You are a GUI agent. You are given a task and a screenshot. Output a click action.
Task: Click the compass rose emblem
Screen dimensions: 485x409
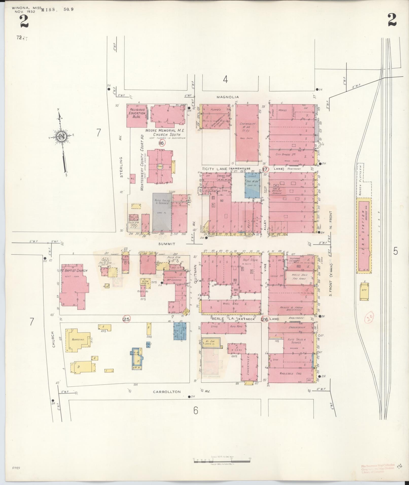click(61, 137)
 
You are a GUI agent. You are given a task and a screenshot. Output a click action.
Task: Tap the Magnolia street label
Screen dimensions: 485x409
click(228, 97)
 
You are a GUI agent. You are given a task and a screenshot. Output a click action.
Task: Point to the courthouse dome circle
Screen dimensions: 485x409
click(160, 167)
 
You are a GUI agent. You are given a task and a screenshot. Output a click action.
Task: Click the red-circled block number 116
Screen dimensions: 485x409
click(162, 143)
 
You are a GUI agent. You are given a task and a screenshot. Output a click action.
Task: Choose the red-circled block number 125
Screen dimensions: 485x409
click(126, 319)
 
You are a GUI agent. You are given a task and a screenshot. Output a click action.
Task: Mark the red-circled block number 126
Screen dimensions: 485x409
click(264, 319)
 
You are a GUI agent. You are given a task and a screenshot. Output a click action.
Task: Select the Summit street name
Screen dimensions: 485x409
click(167, 244)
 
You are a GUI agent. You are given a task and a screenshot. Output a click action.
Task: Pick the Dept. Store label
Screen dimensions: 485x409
click(250, 260)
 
